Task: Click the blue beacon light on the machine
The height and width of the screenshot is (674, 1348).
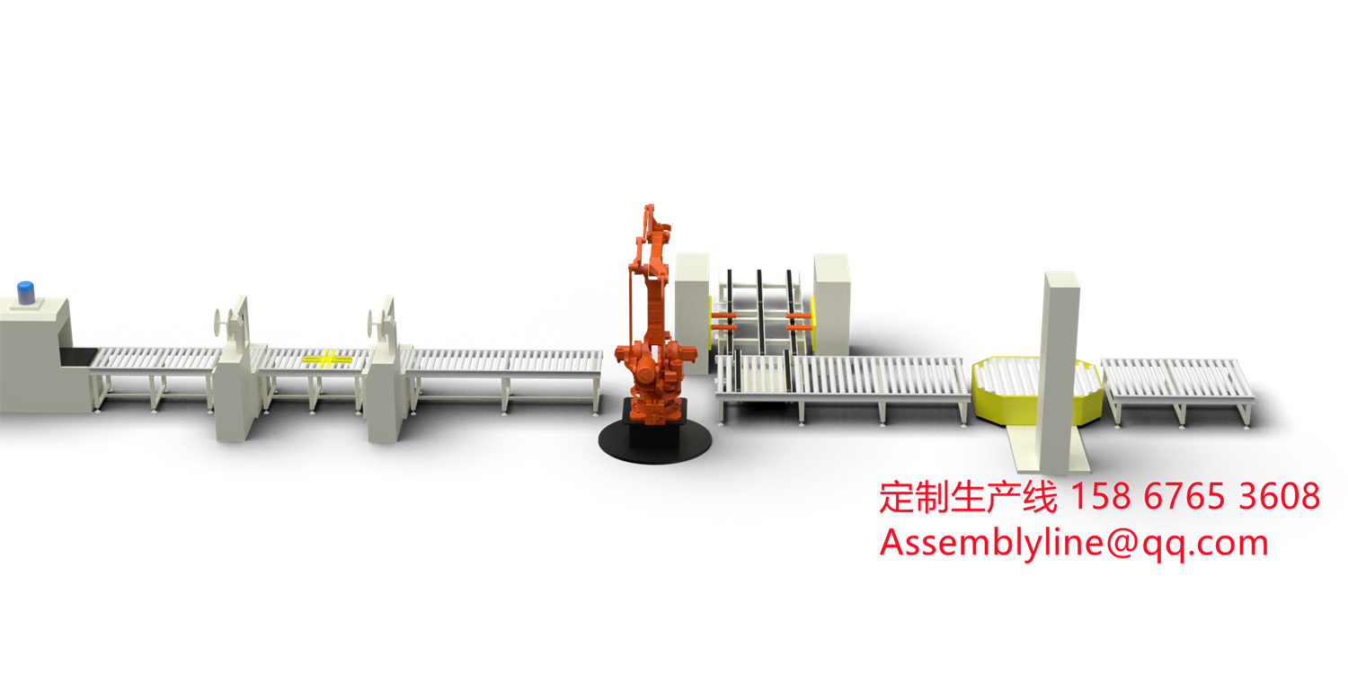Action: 26,292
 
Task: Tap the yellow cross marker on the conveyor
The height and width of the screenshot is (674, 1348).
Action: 327,359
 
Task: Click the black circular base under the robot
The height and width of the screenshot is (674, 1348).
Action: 655,440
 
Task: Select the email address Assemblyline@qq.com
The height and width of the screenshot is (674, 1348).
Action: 1074,543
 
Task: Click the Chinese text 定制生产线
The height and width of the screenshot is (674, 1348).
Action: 968,497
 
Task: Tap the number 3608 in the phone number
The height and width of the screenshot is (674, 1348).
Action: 1279,497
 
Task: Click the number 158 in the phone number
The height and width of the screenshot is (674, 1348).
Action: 1099,497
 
